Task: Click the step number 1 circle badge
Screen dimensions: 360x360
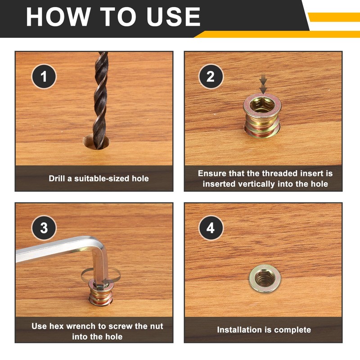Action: point(44,76)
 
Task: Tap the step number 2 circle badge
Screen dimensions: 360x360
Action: point(211,76)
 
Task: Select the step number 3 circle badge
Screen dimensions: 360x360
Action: point(44,228)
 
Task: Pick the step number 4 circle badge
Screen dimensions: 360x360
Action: point(211,228)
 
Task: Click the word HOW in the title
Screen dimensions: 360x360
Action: point(58,17)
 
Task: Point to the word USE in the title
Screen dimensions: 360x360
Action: point(174,17)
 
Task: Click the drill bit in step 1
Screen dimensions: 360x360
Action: point(100,100)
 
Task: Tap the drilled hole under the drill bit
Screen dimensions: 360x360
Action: point(96,142)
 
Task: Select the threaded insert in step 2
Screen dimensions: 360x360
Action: point(262,116)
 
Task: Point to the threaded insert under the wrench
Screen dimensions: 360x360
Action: point(100,293)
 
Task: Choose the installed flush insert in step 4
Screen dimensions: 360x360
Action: point(265,278)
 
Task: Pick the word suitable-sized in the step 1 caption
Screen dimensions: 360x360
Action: point(102,178)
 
